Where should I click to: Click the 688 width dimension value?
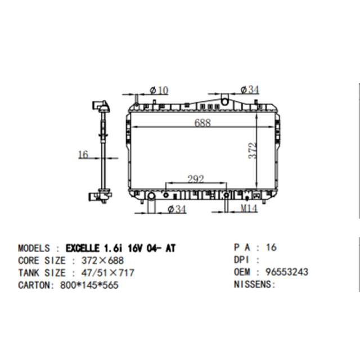pos(202,123)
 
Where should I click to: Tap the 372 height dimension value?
pos(253,151)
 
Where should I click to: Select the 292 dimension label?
pos(196,179)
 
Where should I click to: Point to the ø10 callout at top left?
pos(159,90)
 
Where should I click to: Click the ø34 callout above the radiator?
pos(250,89)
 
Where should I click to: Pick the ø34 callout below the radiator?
pos(177,209)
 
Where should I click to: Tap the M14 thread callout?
pos(249,208)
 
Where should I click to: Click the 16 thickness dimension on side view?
pos(83,154)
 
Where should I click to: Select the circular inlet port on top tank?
pos(225,100)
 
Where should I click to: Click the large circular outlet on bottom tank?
pos(151,196)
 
